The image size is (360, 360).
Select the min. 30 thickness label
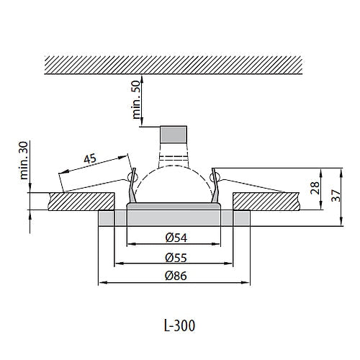pyautogui.click(x=23, y=160)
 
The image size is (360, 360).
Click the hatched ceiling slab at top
pyautogui.click(x=173, y=66)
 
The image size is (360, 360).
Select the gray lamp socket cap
pyautogui.click(x=174, y=135)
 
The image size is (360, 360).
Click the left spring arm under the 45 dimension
pyautogui.click(x=94, y=184)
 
